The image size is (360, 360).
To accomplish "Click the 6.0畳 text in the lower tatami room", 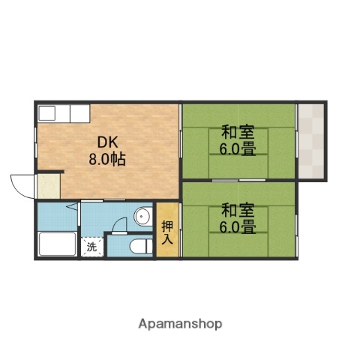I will tap(237, 226).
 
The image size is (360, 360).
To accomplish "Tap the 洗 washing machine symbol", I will tap(91, 247).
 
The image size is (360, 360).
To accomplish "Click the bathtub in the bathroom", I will tap(57, 244).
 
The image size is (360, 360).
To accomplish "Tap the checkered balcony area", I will tap(310, 140).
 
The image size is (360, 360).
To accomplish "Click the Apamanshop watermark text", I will tap(180, 324).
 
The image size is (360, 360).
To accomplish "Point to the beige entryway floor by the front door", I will tap(49, 186).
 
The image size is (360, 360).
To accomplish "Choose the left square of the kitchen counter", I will tap(46, 113).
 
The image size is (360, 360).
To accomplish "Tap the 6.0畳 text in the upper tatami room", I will tap(237, 148).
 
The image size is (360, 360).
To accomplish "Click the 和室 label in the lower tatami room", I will tap(237, 210).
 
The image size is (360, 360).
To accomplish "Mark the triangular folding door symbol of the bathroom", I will tap(72, 205).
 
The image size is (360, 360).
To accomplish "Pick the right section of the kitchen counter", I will tap(79, 113).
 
